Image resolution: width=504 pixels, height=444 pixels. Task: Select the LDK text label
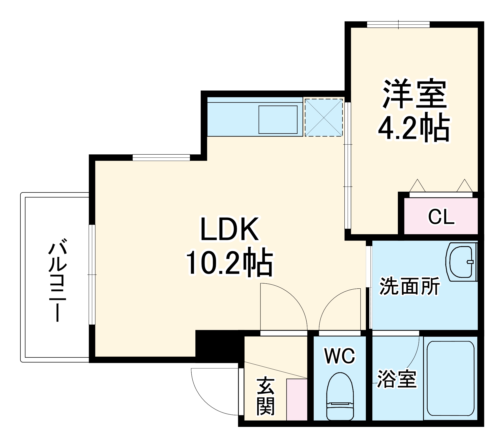tap(229, 229)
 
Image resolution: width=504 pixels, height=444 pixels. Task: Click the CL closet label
tap(441, 217)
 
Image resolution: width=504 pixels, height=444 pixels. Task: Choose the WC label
tap(340, 356)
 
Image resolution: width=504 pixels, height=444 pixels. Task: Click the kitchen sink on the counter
tap(278, 120)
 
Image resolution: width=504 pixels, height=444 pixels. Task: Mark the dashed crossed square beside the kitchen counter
tap(324, 118)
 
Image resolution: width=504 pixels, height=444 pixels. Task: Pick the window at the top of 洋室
tap(398, 24)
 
